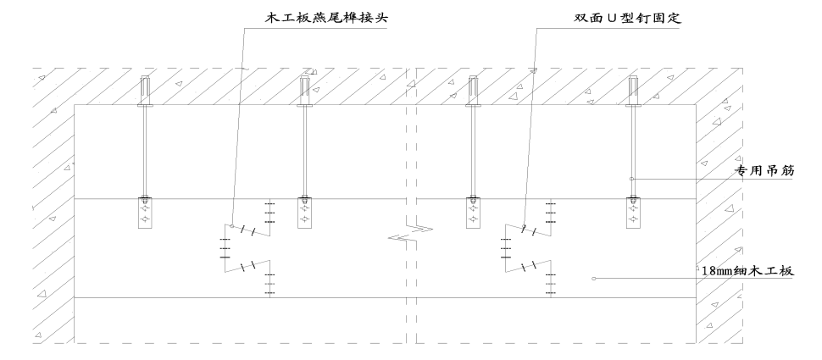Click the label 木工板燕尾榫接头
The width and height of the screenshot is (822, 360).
coord(313,17)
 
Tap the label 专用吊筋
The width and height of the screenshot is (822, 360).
coord(756,170)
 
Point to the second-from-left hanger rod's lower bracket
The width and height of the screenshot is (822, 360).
coord(303,212)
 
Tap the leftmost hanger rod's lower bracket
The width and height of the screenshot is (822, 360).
coord(146,212)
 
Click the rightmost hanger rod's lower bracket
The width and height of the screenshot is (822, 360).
coord(632,212)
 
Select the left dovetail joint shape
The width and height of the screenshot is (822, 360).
coord(247,249)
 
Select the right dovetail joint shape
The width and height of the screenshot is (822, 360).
coord(527,249)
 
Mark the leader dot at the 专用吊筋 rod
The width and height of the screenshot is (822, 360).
coord(632,179)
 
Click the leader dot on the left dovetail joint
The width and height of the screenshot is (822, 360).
coord(232,225)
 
